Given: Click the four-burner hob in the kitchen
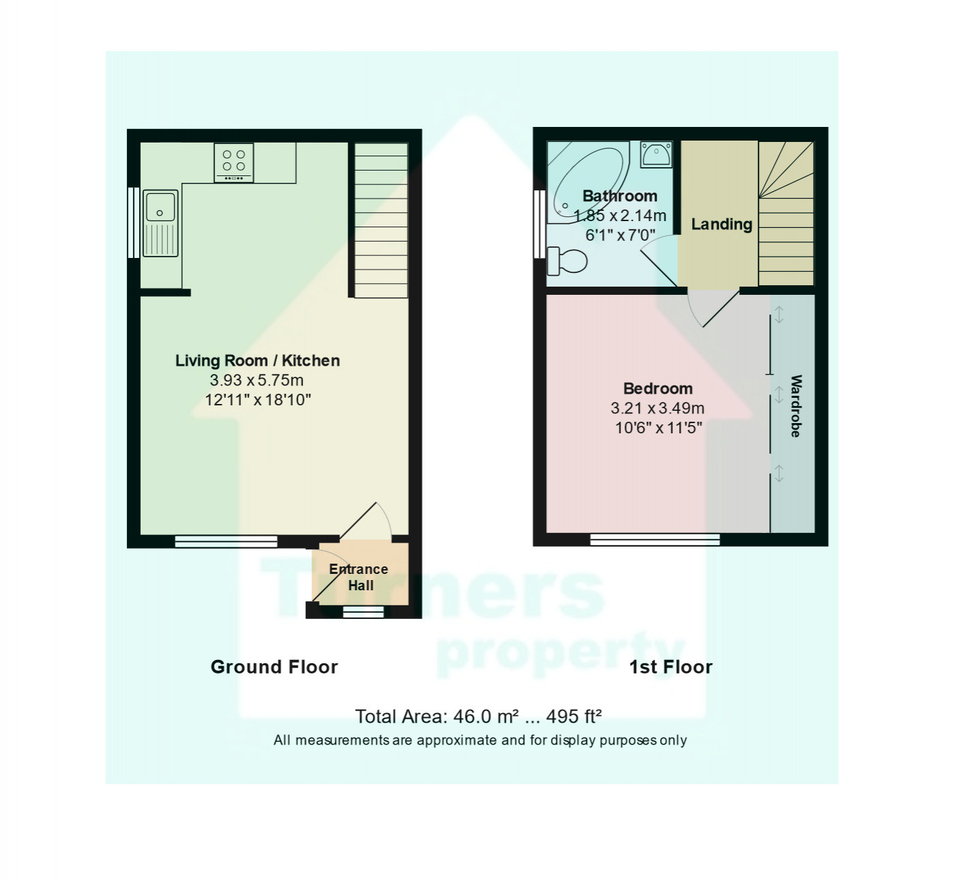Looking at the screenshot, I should pyautogui.click(x=233, y=162).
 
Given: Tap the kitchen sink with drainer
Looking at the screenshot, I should pyautogui.click(x=160, y=223).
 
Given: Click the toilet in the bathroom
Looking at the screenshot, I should pyautogui.click(x=568, y=260).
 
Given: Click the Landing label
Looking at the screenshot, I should pyautogui.click(x=721, y=224).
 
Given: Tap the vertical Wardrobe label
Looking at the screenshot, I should pyautogui.click(x=795, y=405).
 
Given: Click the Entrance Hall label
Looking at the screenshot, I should pyautogui.click(x=359, y=577).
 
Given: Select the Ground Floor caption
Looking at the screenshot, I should pyautogui.click(x=274, y=667).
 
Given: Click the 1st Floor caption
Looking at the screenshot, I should pyautogui.click(x=670, y=667).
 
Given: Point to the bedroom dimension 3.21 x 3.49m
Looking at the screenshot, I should pyautogui.click(x=657, y=409).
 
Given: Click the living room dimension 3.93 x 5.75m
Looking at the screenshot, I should pyautogui.click(x=257, y=380).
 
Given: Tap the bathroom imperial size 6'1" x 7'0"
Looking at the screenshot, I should pyautogui.click(x=620, y=235).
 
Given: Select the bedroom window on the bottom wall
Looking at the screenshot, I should pyautogui.click(x=655, y=540).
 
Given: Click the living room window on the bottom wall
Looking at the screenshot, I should pyautogui.click(x=226, y=541).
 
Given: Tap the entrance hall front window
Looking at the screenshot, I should pyautogui.click(x=363, y=612).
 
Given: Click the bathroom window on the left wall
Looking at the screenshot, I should pyautogui.click(x=539, y=224).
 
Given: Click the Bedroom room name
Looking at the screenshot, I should pyautogui.click(x=657, y=388).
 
